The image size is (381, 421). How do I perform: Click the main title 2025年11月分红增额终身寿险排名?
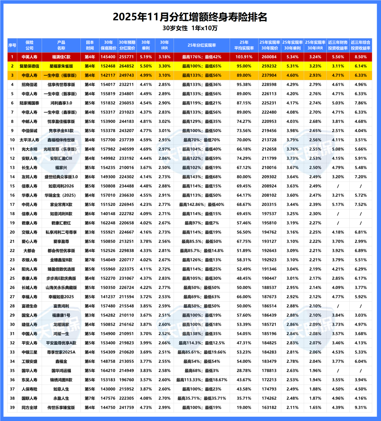point(190,17)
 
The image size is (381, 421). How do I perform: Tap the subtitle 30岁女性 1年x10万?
point(190,28)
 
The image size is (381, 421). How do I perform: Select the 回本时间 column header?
point(90,45)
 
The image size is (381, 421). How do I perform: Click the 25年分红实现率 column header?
point(201,45)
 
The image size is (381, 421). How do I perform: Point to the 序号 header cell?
point(12,45)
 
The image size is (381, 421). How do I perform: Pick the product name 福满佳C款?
point(61,57)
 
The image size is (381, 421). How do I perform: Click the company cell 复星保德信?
point(30,66)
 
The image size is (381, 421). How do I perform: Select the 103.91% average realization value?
point(244,57)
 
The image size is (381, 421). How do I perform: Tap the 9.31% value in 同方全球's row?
point(361,407)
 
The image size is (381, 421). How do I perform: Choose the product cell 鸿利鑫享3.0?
point(61,103)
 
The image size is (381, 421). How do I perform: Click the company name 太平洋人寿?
point(30,140)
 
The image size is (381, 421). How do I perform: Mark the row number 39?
point(12,407)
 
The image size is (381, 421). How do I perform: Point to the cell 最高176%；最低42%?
point(201,57)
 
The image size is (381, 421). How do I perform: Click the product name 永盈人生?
point(61,398)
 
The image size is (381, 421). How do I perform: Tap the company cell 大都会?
point(30,250)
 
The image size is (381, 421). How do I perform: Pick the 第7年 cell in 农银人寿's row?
point(90,260)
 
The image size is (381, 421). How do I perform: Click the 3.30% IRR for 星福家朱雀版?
point(164,66)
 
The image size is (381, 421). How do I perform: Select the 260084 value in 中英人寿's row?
point(270,57)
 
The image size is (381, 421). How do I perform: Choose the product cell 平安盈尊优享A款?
point(61,343)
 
